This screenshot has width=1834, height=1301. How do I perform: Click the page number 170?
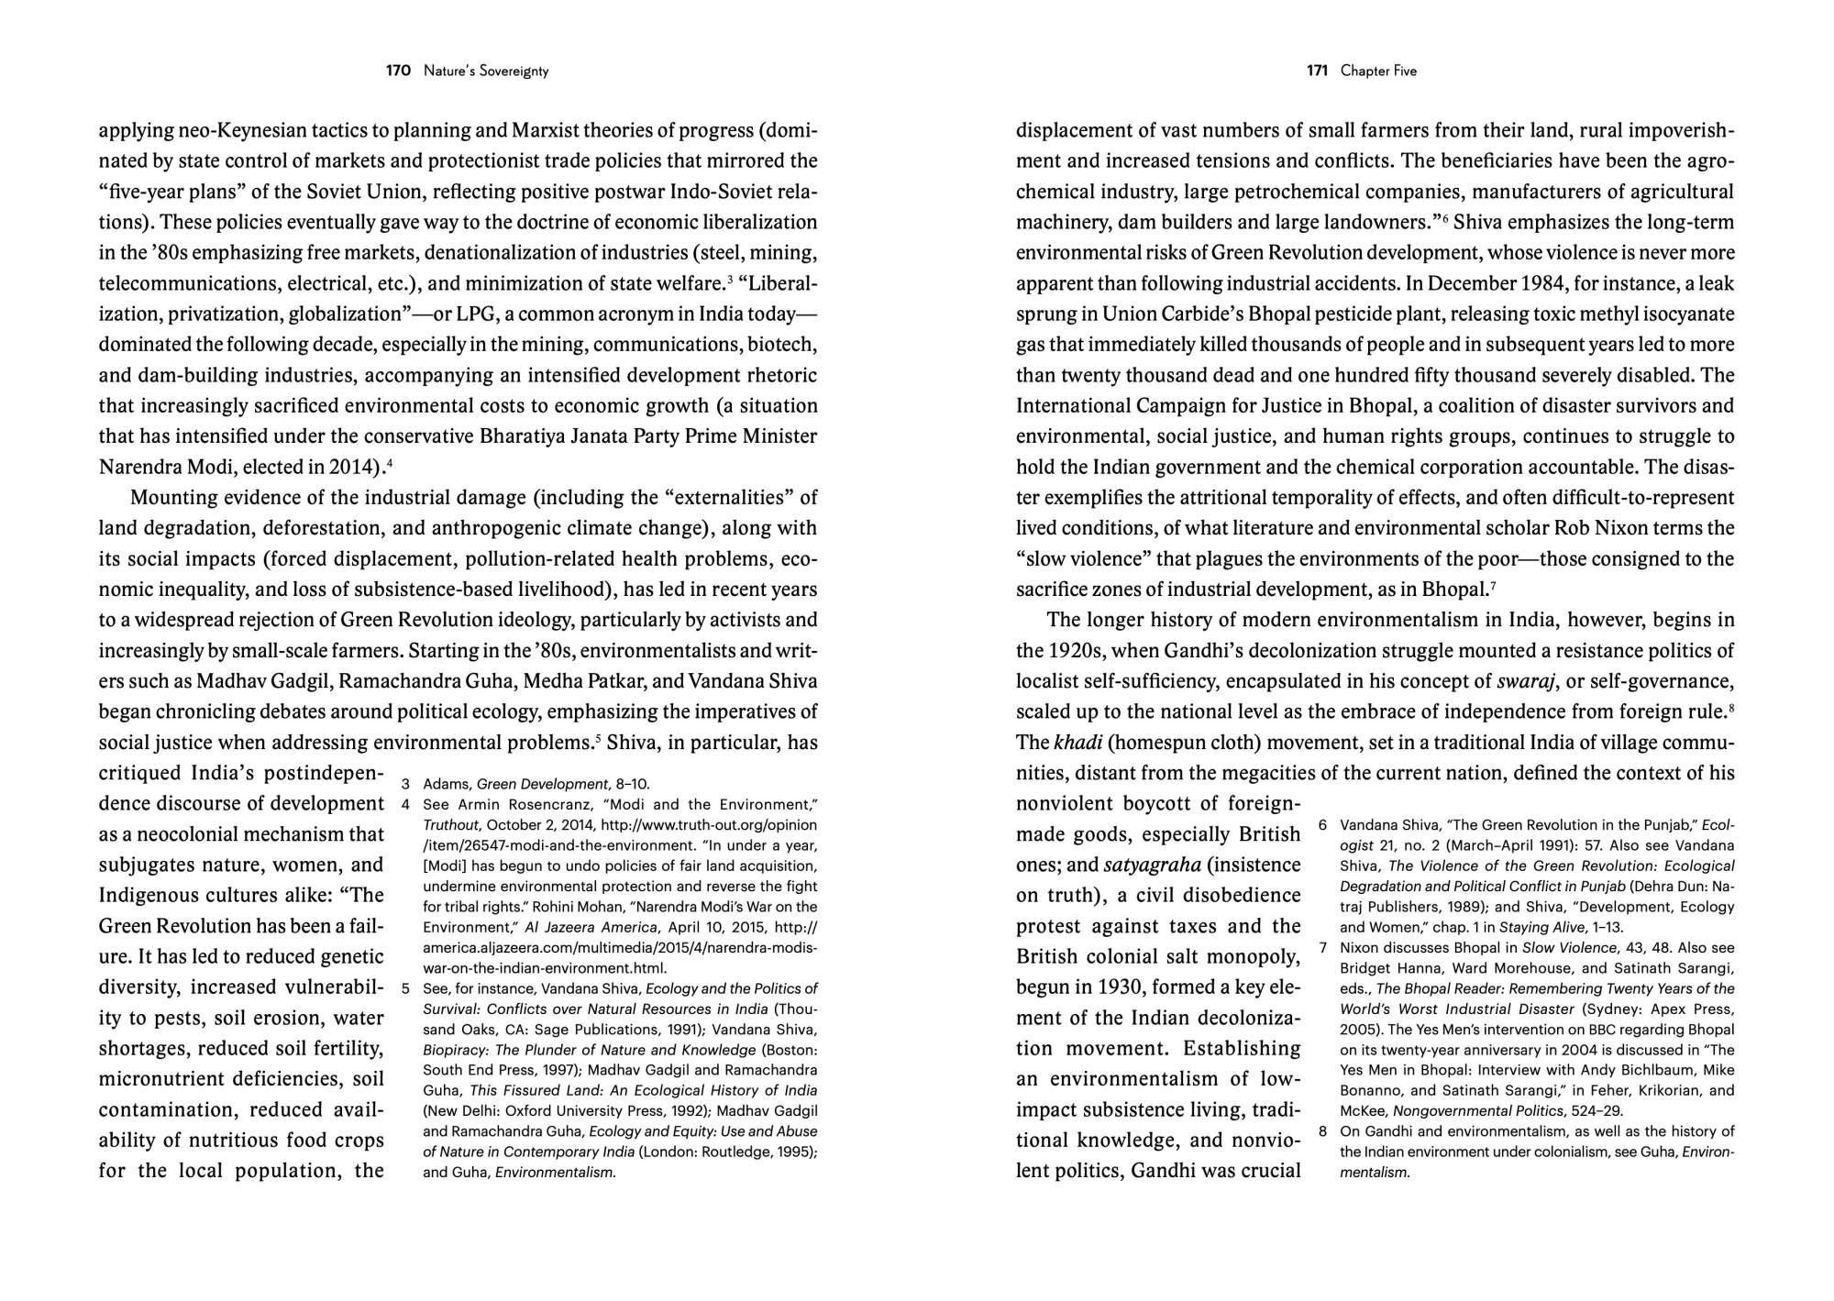398,71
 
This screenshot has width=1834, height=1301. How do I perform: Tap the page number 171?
1317,71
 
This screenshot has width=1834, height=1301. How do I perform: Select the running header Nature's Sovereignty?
486,71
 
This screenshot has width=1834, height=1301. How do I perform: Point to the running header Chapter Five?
1378,71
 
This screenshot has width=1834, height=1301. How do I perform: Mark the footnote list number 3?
405,785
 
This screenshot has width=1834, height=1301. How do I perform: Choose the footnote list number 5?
405,988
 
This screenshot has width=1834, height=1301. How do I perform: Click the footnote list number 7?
1323,948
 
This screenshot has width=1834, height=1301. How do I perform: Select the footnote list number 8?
1323,1131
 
